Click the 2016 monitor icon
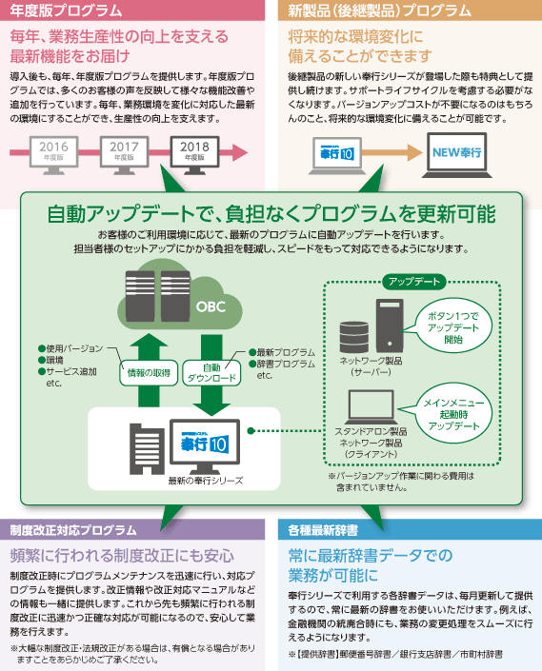[53, 155]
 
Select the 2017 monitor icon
[124, 155]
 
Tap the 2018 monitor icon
[194, 155]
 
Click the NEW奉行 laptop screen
[457, 152]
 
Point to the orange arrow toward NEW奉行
[392, 152]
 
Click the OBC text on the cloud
[211, 306]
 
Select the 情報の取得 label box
[149, 373]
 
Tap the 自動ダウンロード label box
[211, 373]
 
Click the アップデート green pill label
[414, 282]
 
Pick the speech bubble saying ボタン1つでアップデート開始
[453, 327]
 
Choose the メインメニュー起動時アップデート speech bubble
[453, 414]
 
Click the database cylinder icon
[353, 337]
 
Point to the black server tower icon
[390, 326]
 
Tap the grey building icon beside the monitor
[147, 449]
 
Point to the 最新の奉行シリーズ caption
[206, 481]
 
